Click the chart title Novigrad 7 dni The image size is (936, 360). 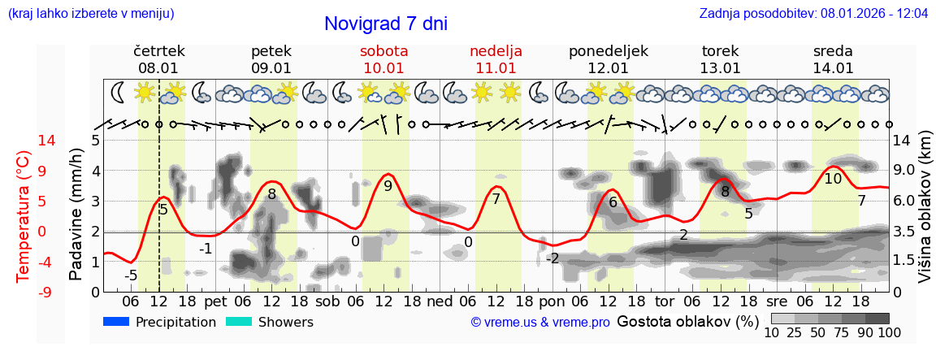pos(385,24)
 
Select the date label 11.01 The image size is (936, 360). pos(496,68)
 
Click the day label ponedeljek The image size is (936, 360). pos(609,51)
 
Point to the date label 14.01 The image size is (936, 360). pos(833,68)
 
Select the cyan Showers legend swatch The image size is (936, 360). pos(239,322)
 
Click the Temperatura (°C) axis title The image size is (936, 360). pos(24,217)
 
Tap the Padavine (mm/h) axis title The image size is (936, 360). pos(76,215)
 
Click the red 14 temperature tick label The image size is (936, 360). pos(24,141)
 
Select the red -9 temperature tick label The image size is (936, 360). pos(24,292)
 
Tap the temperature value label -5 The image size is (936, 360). pos(130,275)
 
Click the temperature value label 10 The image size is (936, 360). pos(833,179)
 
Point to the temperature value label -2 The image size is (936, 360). pos(552,258)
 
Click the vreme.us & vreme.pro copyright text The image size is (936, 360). pos(540,323)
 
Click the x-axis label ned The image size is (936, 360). pos(440,301)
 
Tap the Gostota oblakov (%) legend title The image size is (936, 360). pos(687,322)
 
